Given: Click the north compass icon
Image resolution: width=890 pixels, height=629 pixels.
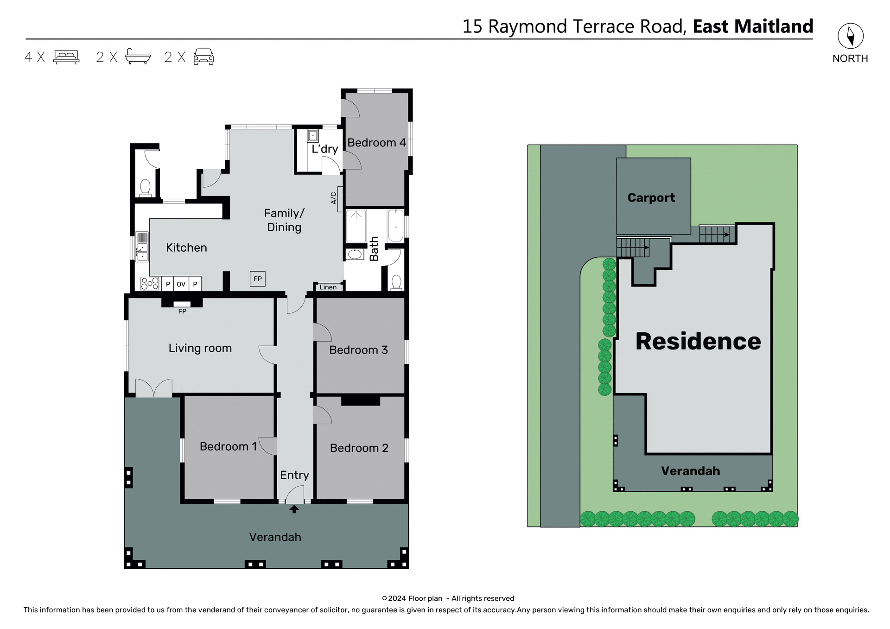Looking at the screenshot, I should (850, 36).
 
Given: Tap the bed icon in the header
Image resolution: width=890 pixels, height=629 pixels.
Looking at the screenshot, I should (66, 57).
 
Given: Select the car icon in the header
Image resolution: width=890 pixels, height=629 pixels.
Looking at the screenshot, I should (203, 57).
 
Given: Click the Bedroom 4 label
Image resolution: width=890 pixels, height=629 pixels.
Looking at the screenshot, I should (376, 143).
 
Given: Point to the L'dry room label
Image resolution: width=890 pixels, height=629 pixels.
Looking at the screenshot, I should (324, 149).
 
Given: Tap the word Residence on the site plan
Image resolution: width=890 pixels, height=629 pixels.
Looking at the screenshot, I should (698, 341).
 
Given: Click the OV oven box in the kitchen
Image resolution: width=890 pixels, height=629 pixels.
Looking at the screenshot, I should (181, 284).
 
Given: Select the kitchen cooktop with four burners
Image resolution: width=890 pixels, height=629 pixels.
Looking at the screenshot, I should (150, 283).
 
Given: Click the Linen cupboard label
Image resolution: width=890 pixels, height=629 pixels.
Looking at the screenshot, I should (328, 287).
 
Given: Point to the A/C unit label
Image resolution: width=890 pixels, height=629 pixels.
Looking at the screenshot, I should (333, 198).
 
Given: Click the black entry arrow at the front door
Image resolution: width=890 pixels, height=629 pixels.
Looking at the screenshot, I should (294, 509).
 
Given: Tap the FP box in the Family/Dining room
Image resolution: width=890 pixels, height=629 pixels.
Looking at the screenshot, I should (258, 279).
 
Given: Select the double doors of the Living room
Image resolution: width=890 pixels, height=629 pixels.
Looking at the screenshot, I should (153, 388).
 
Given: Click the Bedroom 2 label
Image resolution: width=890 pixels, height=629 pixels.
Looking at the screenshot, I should (359, 448).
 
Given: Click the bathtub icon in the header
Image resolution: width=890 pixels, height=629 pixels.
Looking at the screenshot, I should (138, 57).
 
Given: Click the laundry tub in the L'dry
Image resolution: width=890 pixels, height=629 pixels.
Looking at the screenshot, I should (313, 136).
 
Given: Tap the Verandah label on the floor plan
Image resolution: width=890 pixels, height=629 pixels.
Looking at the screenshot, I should (275, 537).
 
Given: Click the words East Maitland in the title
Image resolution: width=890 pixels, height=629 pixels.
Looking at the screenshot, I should (752, 26).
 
